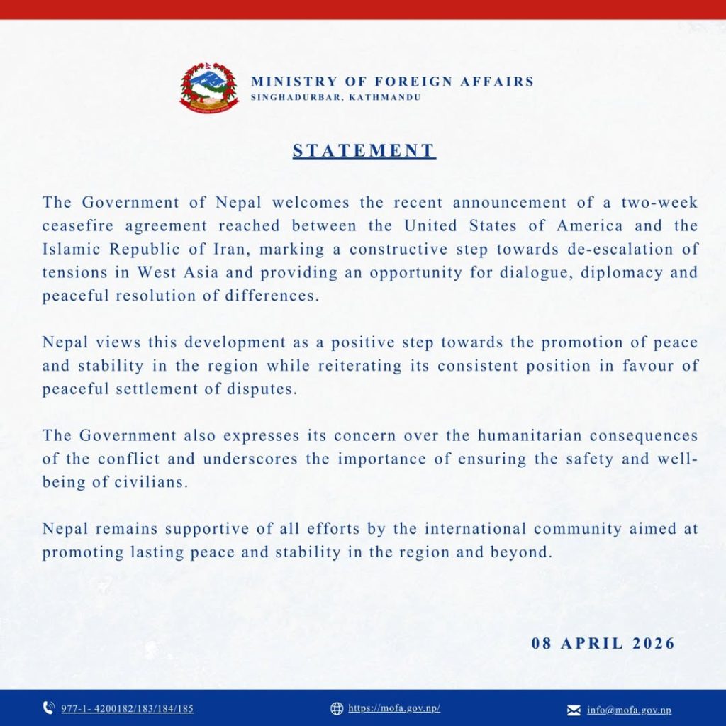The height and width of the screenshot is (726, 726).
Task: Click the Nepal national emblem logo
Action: pos(209,87)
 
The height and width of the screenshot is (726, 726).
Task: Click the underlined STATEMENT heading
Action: pos(364,151)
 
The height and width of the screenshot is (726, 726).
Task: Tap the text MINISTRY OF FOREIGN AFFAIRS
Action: pos(392,81)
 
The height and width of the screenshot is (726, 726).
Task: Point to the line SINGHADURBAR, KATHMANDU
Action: pos(335,96)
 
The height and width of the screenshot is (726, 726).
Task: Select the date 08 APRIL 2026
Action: pos(603,644)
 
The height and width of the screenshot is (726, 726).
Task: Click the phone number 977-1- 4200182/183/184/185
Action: pos(127,708)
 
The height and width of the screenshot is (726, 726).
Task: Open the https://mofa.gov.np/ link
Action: pos(394,708)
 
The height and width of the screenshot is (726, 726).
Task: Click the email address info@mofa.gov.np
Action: pos(629,710)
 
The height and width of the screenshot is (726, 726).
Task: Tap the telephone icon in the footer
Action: pos(49,708)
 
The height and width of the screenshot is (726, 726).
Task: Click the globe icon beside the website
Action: pos(337,708)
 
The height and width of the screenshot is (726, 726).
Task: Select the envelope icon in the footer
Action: pos(574,710)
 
